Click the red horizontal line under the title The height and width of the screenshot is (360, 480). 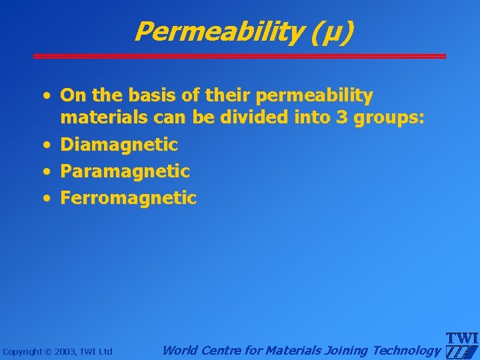[240, 56]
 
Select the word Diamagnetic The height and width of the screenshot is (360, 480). [119, 145]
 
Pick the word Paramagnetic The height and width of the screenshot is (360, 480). [125, 171]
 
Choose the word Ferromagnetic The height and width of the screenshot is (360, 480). [129, 198]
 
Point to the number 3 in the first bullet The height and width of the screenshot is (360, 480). [341, 118]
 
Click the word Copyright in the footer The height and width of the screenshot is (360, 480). [23, 351]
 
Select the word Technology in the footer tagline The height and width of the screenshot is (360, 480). [407, 350]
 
